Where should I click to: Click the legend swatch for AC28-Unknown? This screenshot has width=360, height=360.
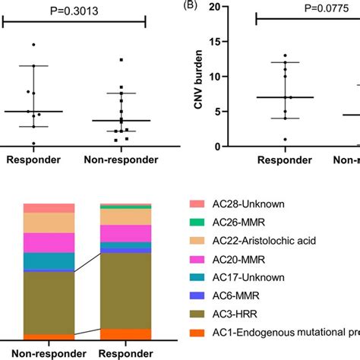(196, 204)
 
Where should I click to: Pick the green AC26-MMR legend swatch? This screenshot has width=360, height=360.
(196, 222)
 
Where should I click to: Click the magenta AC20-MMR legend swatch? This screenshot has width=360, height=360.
(196, 258)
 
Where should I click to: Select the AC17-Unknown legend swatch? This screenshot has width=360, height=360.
(196, 276)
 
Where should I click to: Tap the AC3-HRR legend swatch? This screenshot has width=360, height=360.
(196, 313)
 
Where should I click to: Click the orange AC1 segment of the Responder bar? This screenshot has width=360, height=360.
(126, 334)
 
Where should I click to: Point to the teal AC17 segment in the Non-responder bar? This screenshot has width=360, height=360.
(49, 261)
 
